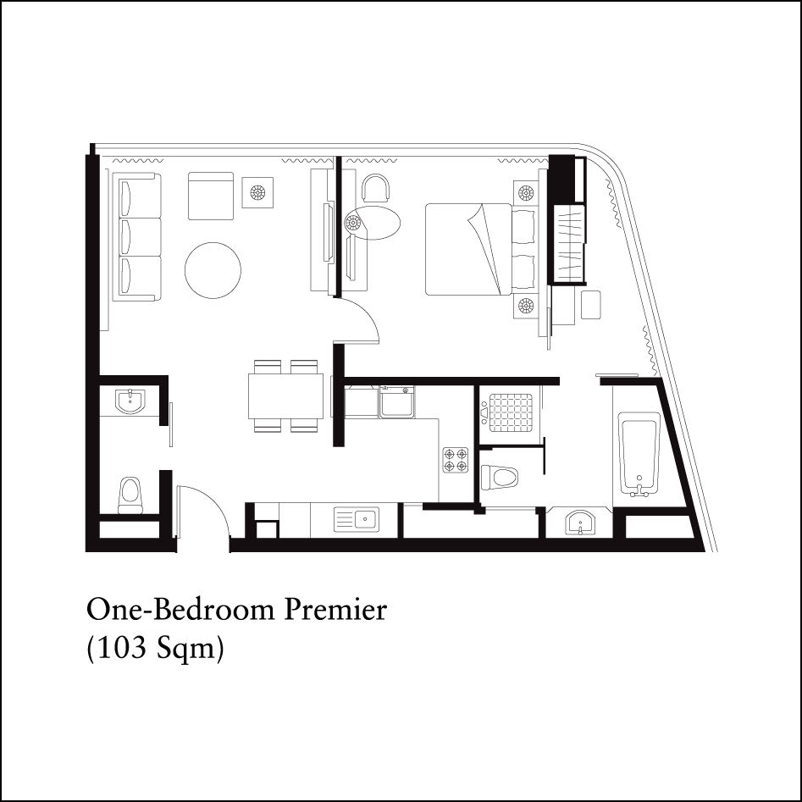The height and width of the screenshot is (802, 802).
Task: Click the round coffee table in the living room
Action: coord(213,270)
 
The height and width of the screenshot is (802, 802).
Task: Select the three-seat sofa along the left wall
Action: coord(136,237)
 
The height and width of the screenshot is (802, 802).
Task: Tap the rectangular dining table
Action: coord(285,396)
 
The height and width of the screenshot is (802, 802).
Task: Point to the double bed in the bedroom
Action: coord(468,249)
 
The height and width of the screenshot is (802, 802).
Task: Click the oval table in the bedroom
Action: coord(372,223)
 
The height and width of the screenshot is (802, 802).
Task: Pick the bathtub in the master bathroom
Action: coord(639,454)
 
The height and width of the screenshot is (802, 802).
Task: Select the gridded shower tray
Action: coord(511,412)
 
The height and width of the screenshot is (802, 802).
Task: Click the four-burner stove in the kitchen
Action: coord(456,460)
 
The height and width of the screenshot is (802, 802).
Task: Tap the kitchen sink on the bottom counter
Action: coord(357,520)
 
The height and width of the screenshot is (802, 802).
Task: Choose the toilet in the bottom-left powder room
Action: coord(130,495)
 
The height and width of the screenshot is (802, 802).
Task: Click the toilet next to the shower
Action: coord(499,477)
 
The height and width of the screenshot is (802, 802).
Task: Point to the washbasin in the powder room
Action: coord(130,401)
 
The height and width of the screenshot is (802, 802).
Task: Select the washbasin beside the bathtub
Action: coord(580,522)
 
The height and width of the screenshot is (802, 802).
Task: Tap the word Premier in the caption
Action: coord(335,610)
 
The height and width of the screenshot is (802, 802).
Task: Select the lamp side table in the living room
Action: coord(257,192)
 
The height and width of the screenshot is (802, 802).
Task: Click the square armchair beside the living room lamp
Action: coord(211,196)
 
